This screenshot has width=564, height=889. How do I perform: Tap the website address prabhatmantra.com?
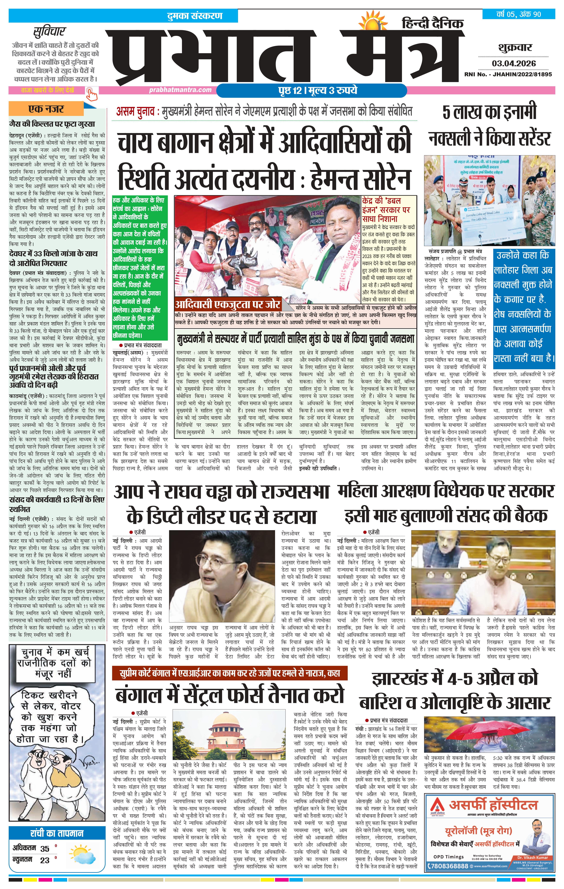(x=180, y=90)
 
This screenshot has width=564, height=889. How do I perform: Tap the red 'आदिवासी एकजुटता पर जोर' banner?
(x=227, y=305)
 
